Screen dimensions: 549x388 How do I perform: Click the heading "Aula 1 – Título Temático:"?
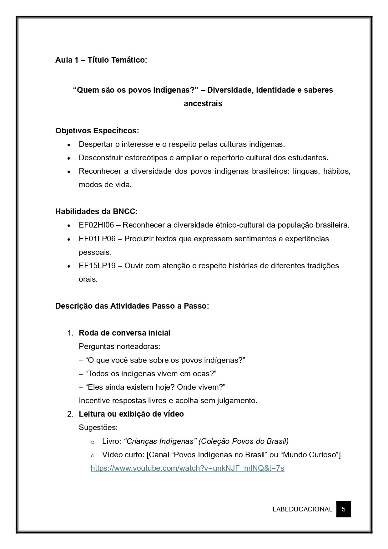click(101, 60)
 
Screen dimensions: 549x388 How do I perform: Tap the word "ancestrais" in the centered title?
click(203, 104)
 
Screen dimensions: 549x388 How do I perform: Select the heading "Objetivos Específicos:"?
click(97, 131)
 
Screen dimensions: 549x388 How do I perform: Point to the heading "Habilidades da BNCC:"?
click(96, 212)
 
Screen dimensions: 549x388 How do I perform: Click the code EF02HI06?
click(96, 225)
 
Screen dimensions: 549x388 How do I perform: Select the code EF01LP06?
click(97, 239)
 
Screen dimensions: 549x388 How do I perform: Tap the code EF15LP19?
click(97, 266)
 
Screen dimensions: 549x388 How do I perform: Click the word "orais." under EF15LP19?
click(88, 279)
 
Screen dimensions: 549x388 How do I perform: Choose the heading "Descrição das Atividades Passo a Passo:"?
click(132, 306)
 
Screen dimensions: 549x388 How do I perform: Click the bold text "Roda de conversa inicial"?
click(124, 333)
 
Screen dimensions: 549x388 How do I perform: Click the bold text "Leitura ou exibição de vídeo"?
click(131, 414)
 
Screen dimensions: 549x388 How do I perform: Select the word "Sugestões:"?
click(98, 428)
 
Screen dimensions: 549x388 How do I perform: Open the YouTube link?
click(188, 468)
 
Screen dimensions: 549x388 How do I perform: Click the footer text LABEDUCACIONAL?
click(302, 509)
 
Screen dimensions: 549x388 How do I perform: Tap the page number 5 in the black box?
click(344, 509)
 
